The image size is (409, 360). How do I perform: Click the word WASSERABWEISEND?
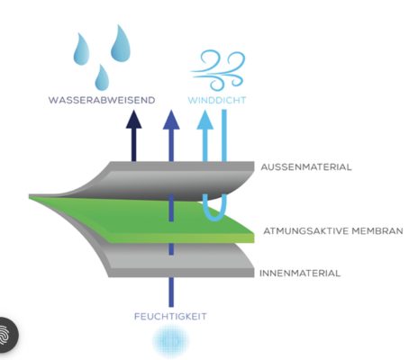pos(102,100)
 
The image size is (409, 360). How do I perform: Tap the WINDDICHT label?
pos(217,100)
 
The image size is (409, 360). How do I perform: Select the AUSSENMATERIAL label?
pos(306,166)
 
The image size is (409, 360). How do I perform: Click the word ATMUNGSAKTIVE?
pos(306,230)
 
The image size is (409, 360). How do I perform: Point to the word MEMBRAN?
pos(377,230)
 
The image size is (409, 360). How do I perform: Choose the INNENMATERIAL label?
pos(300,273)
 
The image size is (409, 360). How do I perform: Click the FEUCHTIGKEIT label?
pos(170,317)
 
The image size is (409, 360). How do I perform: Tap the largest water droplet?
pos(121,44)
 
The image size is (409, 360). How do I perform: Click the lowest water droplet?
pos(102,78)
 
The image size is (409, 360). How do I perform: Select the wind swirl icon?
pos(219,70)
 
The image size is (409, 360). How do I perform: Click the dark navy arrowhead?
pos(133,120)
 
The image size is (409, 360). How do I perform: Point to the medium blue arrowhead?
pos(171,120)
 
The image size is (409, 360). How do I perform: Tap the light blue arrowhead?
pos(205,120)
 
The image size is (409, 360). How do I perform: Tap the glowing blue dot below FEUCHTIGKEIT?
pos(170,341)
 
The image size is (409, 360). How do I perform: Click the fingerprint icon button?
pos(5,335)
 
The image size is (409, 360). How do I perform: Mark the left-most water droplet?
pos(81,49)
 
